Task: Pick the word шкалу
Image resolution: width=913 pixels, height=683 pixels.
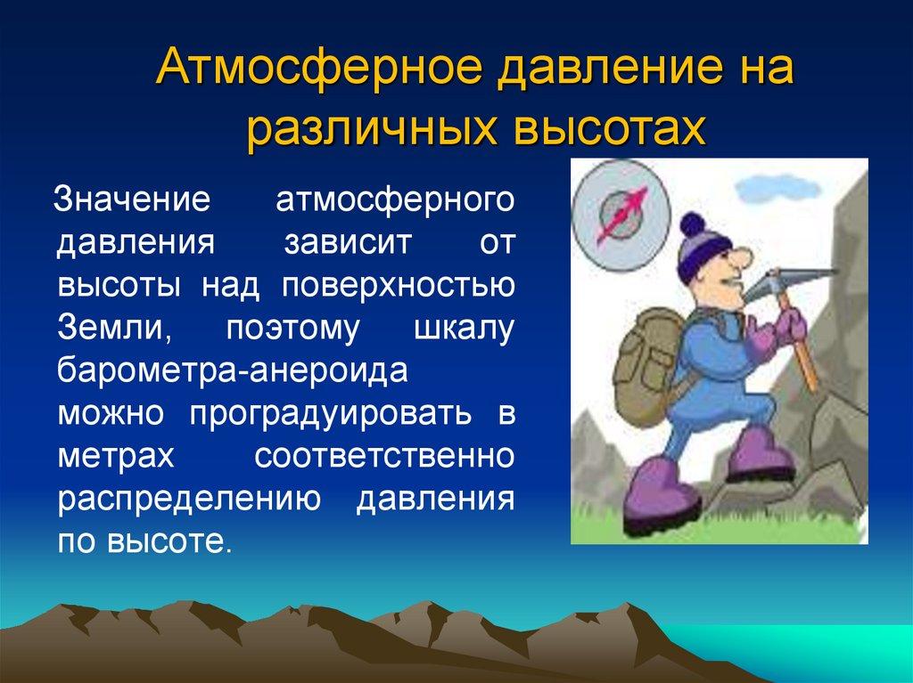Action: (x=465, y=327)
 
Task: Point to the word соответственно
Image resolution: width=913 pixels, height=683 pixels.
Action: (x=384, y=455)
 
